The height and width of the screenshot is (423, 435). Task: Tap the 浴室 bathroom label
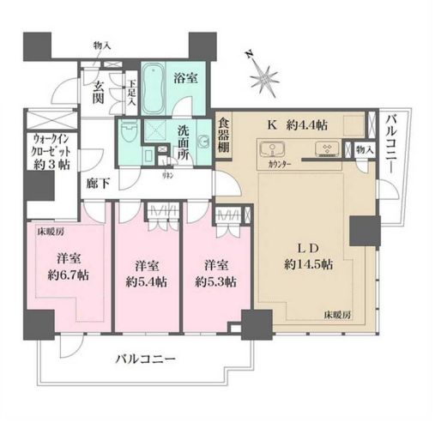pos(186,76)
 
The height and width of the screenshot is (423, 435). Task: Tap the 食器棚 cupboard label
pos(223,136)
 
